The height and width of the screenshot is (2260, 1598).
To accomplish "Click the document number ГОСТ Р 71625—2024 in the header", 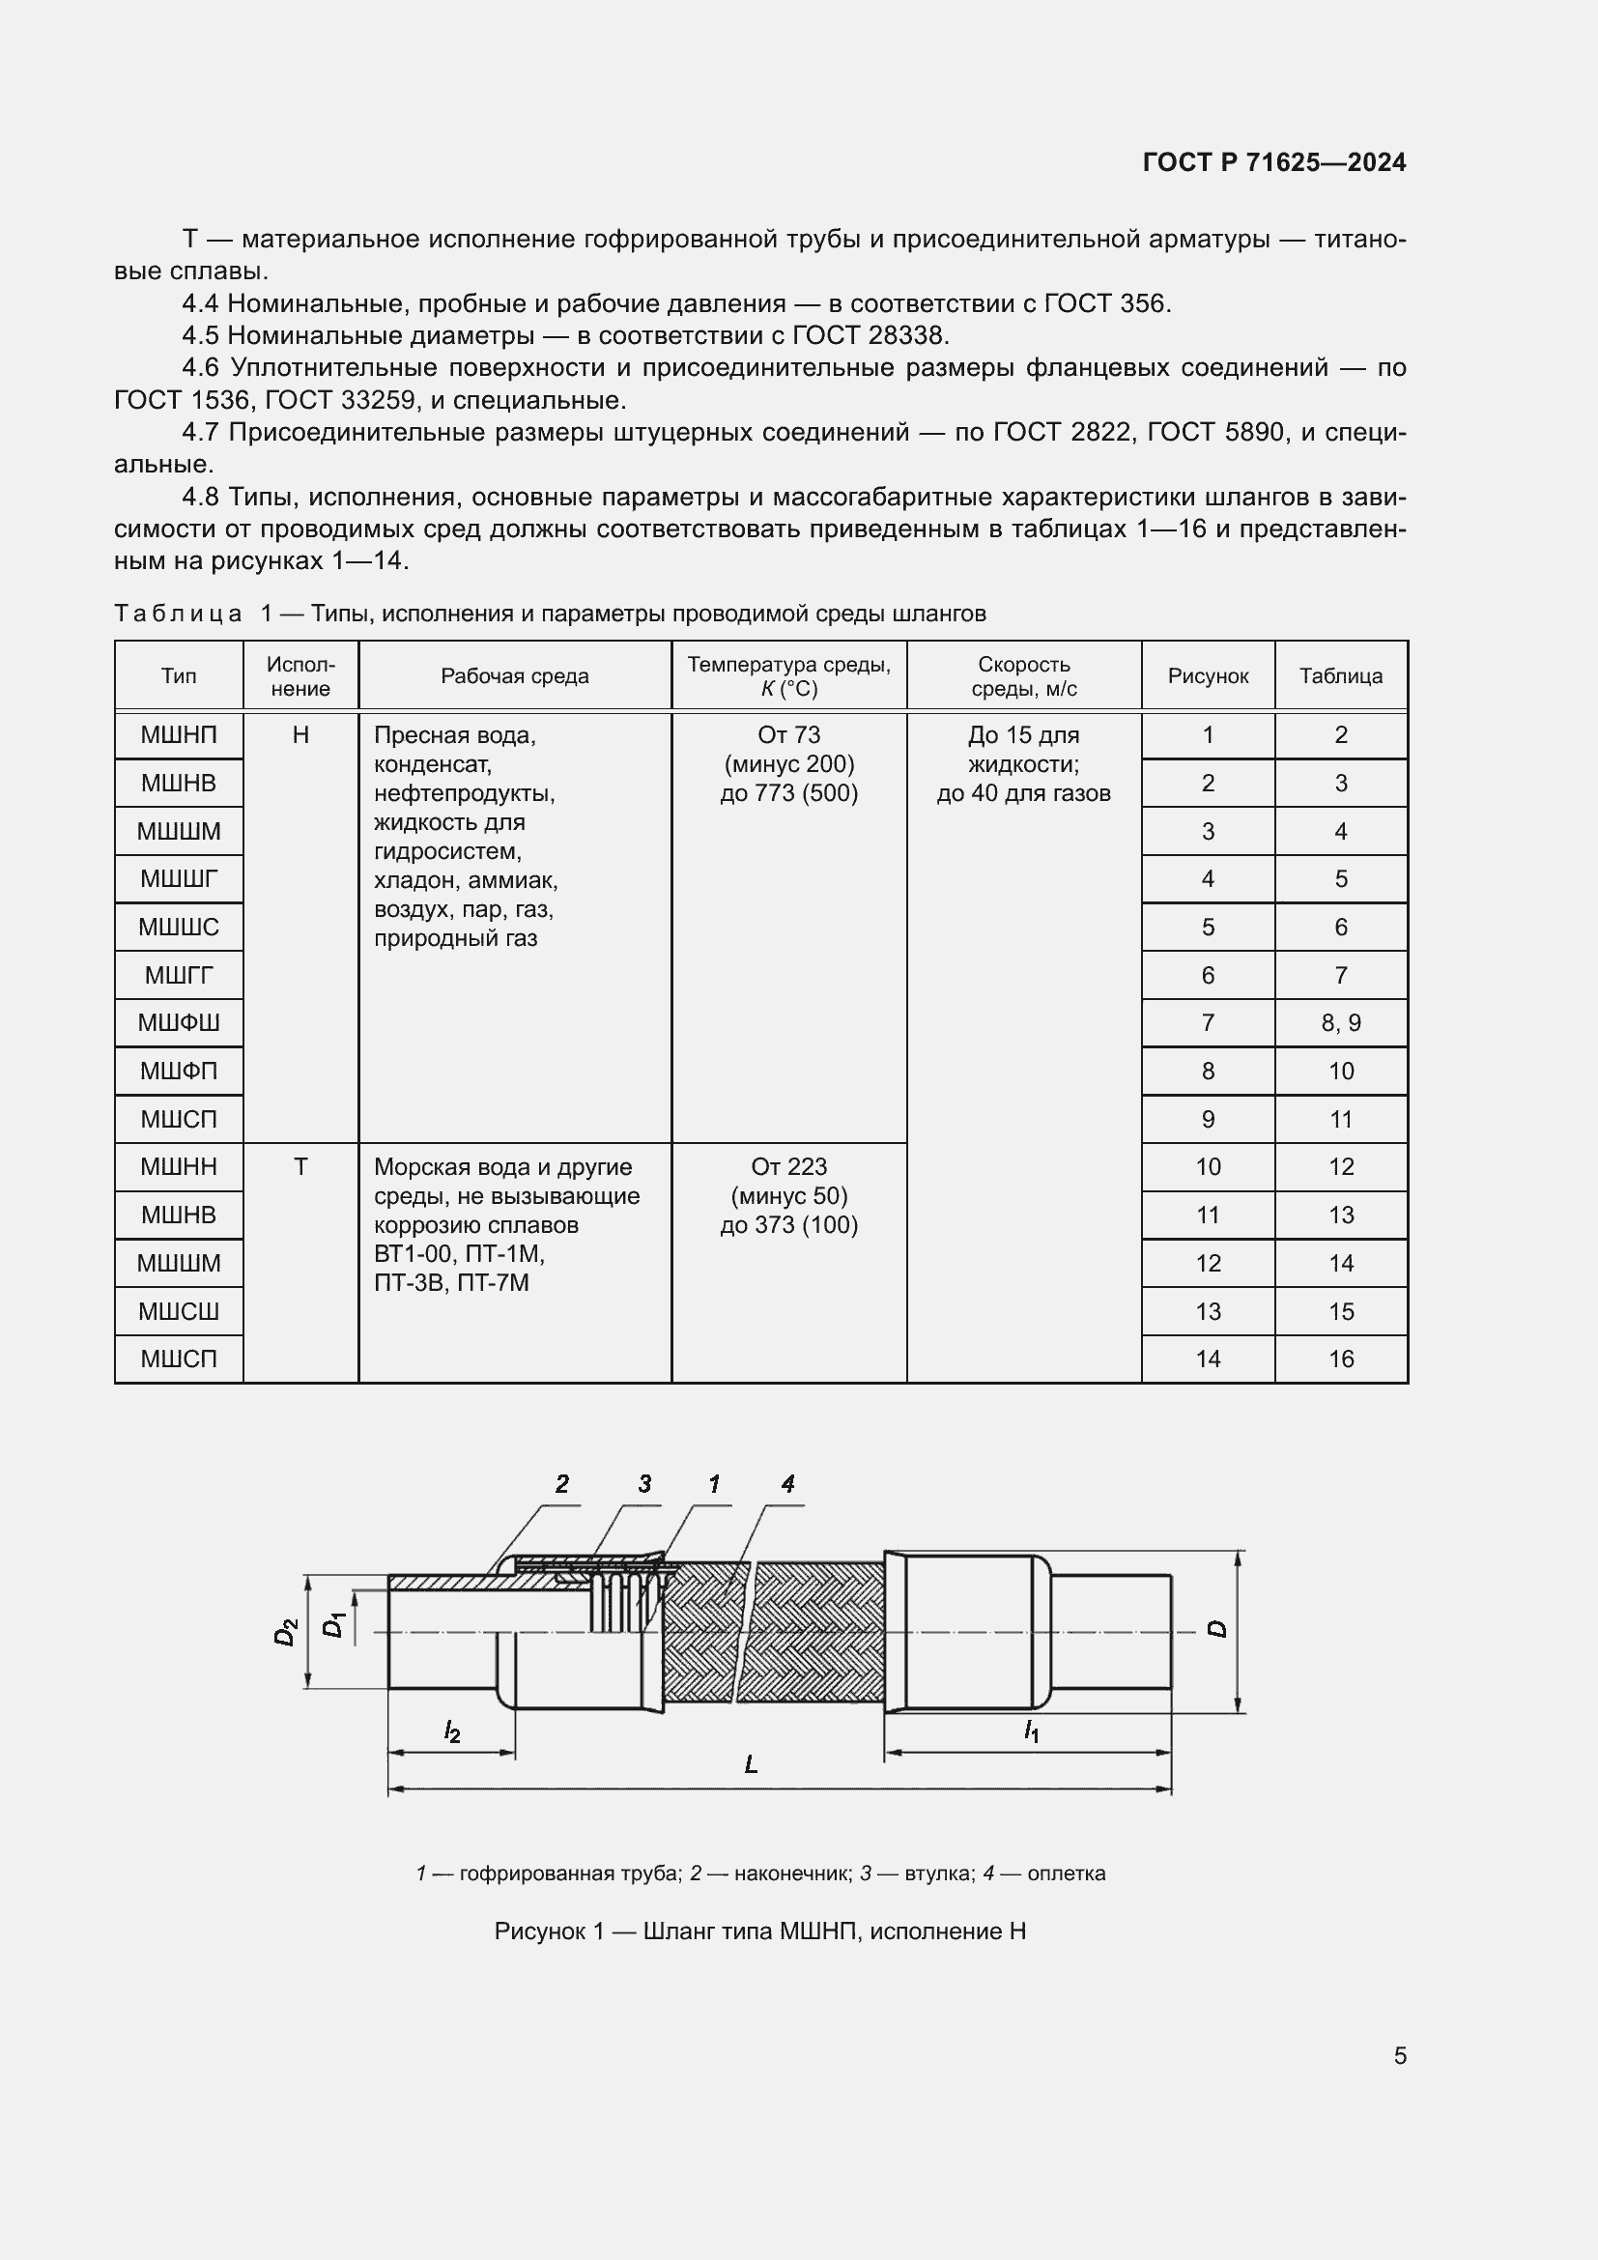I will [1273, 162].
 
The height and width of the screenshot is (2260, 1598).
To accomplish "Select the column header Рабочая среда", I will [514, 676].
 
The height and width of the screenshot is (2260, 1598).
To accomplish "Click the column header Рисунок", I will [1208, 676].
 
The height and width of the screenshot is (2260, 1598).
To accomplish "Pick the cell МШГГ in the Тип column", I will [178, 976].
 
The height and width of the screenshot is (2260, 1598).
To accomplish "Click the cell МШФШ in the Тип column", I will [178, 1022].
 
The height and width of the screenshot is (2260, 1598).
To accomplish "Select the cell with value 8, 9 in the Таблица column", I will [1340, 1022].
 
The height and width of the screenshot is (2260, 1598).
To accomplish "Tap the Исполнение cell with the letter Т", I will [300, 1166].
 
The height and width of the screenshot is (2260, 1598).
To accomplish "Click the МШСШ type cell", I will [178, 1311].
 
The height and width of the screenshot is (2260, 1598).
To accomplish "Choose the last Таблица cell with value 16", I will [1340, 1359].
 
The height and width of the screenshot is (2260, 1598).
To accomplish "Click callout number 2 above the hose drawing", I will [562, 1483].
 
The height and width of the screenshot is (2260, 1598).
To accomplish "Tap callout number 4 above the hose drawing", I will [787, 1483].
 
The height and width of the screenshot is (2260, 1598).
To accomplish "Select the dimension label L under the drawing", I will [751, 1765].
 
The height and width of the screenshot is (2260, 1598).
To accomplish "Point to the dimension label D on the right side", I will [1218, 1629].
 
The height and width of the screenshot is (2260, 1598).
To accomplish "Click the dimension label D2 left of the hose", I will [284, 1632].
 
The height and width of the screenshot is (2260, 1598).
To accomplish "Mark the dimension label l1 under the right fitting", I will [1030, 1731].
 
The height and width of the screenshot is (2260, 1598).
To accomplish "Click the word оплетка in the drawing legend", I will [1066, 1874].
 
